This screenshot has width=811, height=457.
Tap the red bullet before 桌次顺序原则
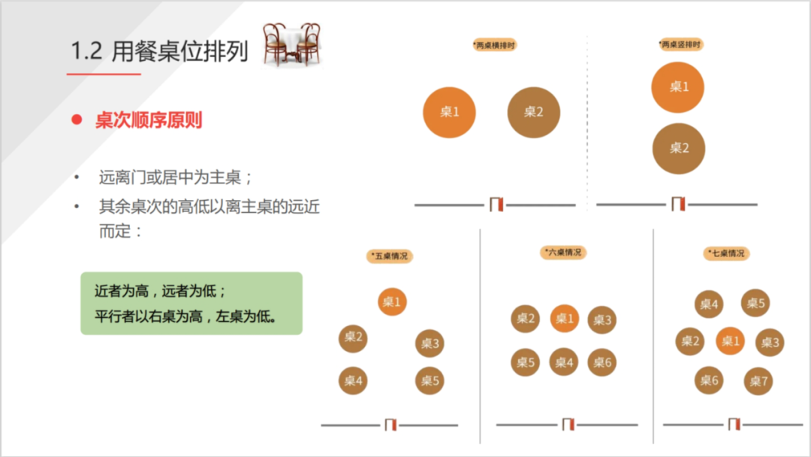[x=76, y=120]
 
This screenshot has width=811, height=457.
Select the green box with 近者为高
[x=191, y=303]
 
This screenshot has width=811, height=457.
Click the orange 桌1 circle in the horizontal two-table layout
[x=449, y=112]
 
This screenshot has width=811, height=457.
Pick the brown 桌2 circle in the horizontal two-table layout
[x=533, y=112]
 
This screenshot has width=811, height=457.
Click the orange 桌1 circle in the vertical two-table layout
[x=678, y=86]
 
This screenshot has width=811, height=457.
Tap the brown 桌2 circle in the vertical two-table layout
[x=678, y=148]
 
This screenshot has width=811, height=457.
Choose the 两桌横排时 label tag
[x=495, y=45]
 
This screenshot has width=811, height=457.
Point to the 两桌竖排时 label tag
[x=680, y=45]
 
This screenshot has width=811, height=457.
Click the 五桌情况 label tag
[x=390, y=256]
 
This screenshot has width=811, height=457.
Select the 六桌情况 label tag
[x=563, y=253]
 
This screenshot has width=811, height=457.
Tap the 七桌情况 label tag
[x=727, y=253]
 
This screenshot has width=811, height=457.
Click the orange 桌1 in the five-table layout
[x=392, y=302]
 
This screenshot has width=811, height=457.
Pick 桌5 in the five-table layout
[x=430, y=380]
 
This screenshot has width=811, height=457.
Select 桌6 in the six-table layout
[x=601, y=362]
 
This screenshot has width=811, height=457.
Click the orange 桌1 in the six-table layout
[x=564, y=319]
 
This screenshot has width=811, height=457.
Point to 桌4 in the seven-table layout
[x=709, y=304]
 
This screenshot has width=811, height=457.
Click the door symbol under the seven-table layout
[x=734, y=425]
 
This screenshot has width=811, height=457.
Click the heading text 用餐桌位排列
[x=180, y=52]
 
